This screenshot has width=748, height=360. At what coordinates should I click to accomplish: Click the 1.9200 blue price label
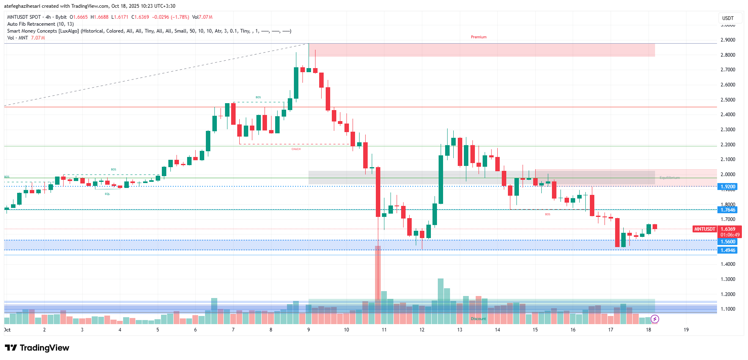click(x=728, y=187)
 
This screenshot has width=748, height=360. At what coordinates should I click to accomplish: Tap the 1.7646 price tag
click(x=728, y=210)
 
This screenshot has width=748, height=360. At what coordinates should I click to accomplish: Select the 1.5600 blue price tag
click(x=728, y=242)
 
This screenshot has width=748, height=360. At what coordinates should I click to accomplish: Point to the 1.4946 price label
click(x=728, y=250)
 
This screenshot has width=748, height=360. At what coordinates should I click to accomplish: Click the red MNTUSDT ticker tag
click(x=705, y=229)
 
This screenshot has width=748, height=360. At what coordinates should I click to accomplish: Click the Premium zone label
click(x=479, y=37)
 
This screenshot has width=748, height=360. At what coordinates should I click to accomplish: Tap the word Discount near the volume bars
click(x=478, y=319)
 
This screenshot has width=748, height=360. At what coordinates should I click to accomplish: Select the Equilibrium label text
click(x=669, y=178)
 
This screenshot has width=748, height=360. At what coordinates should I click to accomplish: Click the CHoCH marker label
click(x=296, y=149)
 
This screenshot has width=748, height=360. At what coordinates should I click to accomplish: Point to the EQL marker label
click(x=107, y=194)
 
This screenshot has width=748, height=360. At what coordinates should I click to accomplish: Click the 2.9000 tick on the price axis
click(x=728, y=40)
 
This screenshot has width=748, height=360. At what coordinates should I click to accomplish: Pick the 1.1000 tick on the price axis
click(x=728, y=309)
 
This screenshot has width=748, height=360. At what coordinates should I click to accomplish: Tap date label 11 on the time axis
click(x=384, y=330)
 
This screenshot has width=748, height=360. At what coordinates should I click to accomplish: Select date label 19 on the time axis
click(x=686, y=330)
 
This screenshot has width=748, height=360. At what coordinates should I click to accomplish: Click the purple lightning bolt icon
click(x=655, y=319)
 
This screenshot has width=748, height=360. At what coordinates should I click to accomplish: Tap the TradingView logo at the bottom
click(x=37, y=348)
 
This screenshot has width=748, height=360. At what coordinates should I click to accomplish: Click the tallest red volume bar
click(x=378, y=281)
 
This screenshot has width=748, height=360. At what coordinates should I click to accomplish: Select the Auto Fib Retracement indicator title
click(x=40, y=24)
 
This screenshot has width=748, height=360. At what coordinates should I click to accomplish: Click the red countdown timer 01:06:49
click(x=730, y=235)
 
